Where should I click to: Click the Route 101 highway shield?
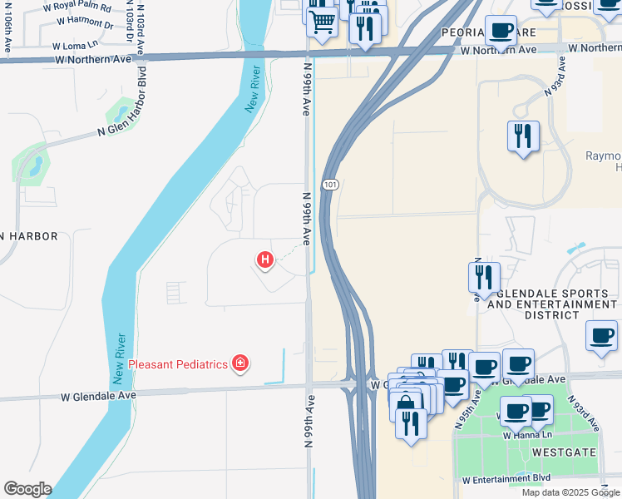pos(330,184)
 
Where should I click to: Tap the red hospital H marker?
pos(264,260)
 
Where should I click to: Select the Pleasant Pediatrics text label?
pos(179,363)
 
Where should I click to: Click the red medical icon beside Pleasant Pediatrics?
pos(240,363)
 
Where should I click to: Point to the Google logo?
pos(27,489)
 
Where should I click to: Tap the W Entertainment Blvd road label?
pos(506,481)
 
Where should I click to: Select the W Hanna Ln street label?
pos(527,435)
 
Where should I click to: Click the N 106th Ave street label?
pos(7,33)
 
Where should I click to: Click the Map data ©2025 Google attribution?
pos(570,492)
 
